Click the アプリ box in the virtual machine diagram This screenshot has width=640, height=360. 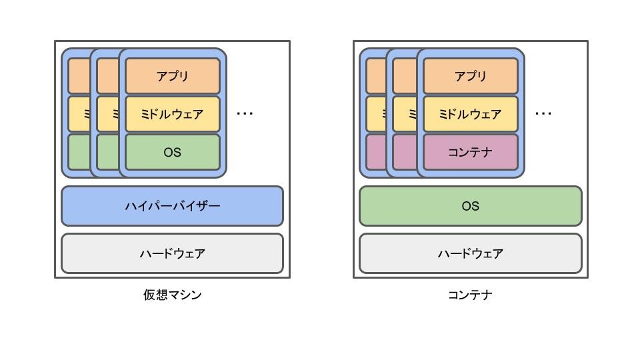(x=172, y=76)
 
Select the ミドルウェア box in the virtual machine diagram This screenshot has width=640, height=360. (x=172, y=114)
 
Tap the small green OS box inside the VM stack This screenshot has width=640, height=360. (x=172, y=152)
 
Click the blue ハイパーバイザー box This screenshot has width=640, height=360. (x=172, y=206)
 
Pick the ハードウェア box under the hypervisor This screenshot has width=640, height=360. (x=172, y=253)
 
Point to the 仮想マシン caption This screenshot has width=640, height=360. (x=172, y=295)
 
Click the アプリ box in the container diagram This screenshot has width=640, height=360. (x=471, y=76)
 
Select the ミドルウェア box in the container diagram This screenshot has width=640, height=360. (x=471, y=114)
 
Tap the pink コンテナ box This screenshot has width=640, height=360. (x=471, y=152)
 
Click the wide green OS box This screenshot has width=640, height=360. (x=471, y=206)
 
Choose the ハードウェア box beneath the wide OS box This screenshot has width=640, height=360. (x=471, y=253)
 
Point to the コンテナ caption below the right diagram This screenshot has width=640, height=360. (x=470, y=295)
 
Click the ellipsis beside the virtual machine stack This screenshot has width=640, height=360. (x=245, y=113)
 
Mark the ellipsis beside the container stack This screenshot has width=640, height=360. (x=543, y=113)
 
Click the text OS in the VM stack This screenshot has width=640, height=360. (x=172, y=152)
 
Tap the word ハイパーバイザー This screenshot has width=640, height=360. (x=172, y=206)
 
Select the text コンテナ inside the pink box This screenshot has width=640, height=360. (x=470, y=152)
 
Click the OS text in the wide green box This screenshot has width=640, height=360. (x=471, y=206)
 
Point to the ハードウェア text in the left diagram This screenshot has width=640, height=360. (x=172, y=253)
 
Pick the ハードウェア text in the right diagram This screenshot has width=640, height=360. (x=471, y=253)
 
